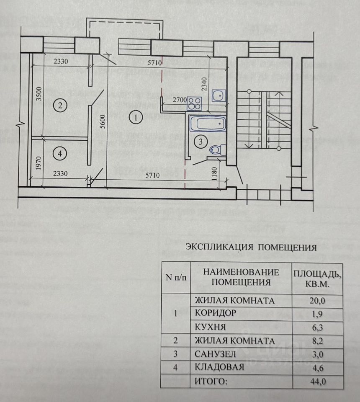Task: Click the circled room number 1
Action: click(x=135, y=118)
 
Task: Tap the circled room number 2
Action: click(x=60, y=106)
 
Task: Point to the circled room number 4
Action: click(x=60, y=154)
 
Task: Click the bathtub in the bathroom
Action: click(x=208, y=124)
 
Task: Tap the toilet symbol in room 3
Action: click(x=216, y=149)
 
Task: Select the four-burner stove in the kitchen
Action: click(x=195, y=102)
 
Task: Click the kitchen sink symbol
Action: click(x=219, y=96)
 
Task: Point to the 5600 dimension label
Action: click(x=108, y=123)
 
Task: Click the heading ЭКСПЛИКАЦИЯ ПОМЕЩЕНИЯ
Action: click(x=251, y=247)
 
